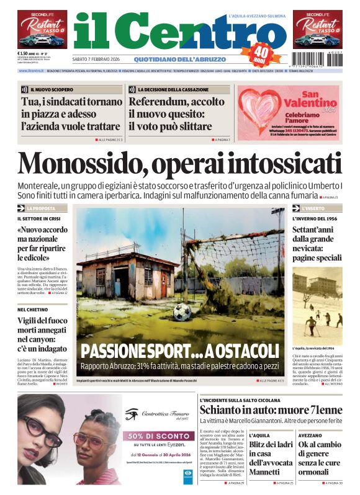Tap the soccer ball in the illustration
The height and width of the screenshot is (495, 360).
pos(182,312)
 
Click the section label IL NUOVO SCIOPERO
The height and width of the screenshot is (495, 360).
pos(47,89)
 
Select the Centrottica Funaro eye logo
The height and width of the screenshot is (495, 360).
pos(131,414)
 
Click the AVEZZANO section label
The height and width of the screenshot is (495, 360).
pos(310,435)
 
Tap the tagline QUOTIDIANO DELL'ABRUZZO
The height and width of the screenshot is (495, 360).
pos(172,60)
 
